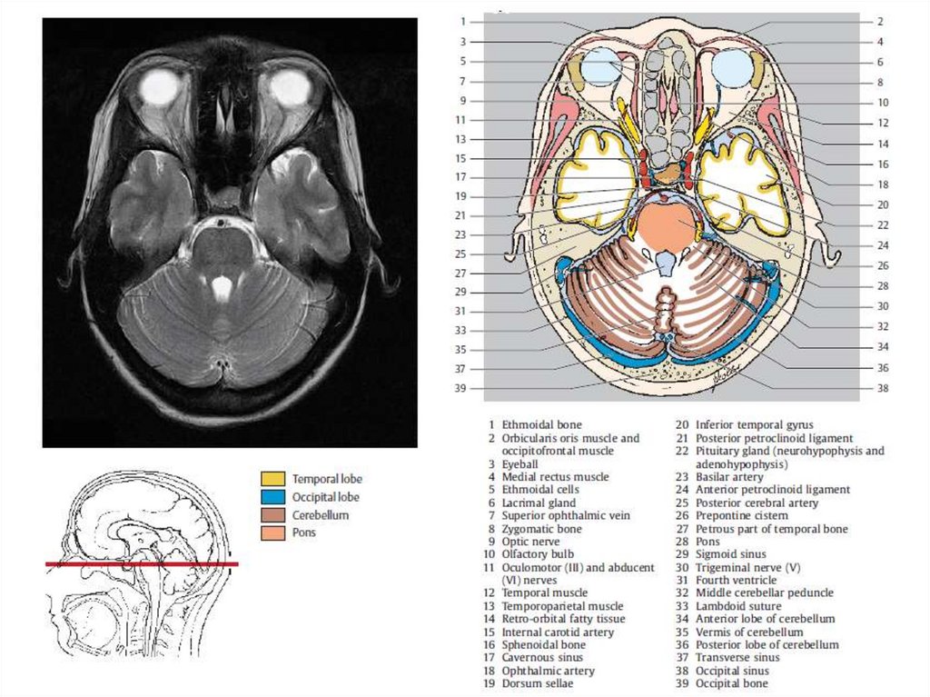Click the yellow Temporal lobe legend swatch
pyautogui.click(x=272, y=478)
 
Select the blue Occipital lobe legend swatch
pyautogui.click(x=272, y=497)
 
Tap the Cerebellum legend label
pyautogui.click(x=320, y=515)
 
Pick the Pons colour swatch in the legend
pyautogui.click(x=272, y=533)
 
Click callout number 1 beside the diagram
pyautogui.click(x=463, y=21)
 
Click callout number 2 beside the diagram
pyautogui.click(x=881, y=21)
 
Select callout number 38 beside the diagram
pyautogui.click(x=881, y=388)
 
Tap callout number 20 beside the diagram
pyautogui.click(x=881, y=204)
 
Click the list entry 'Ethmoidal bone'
pyautogui.click(x=541, y=424)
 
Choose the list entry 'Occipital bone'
pyautogui.click(x=731, y=683)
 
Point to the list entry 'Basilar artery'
pyautogui.click(x=729, y=476)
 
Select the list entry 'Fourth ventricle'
pyautogui.click(x=736, y=580)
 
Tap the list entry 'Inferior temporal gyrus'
pyautogui.click(x=754, y=424)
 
